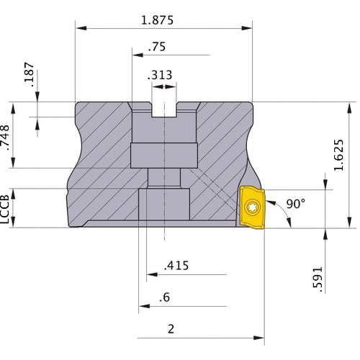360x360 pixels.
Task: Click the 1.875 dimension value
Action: point(157,20)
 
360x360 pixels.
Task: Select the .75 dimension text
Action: point(157,47)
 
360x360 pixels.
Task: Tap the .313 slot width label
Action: point(160,75)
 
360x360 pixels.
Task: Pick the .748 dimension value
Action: point(5,138)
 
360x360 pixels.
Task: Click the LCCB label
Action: point(5,209)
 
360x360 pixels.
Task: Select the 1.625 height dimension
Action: point(339,155)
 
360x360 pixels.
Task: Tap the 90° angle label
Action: point(296,204)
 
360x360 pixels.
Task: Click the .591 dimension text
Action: point(318,279)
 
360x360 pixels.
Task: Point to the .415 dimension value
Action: point(176,266)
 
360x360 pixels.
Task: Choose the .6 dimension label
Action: point(165,297)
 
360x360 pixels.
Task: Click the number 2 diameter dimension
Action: point(171,329)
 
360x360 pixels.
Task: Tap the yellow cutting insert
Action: point(252,207)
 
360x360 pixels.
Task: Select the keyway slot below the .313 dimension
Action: point(164,109)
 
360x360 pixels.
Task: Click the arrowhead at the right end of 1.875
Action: point(247,28)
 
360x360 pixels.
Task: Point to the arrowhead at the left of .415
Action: point(152,274)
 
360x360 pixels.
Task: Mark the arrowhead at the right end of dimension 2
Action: point(258,338)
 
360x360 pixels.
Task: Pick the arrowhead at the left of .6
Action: point(144,306)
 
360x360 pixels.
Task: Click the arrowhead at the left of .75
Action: point(138,55)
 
